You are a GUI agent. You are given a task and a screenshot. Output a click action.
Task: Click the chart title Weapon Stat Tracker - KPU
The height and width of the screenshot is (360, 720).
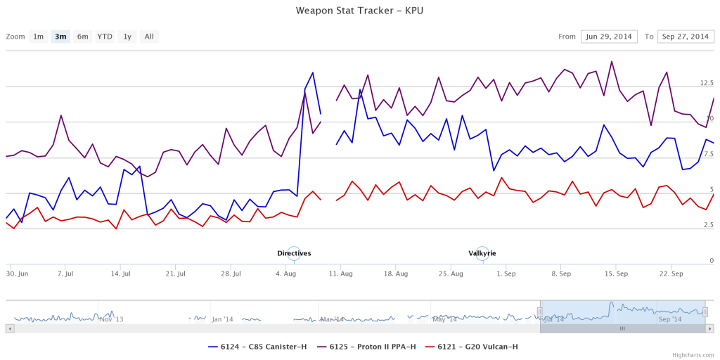[359, 11]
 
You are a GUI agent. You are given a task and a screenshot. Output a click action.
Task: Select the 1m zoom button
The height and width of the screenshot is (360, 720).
[38, 37]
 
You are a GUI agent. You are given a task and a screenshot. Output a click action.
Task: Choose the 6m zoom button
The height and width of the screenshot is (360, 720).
[83, 37]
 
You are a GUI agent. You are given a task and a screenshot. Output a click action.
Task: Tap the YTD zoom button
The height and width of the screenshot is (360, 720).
[105, 37]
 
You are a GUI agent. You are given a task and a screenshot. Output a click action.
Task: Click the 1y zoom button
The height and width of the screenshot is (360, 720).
[127, 37]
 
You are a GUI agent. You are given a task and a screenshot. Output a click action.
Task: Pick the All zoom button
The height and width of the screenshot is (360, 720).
[149, 37]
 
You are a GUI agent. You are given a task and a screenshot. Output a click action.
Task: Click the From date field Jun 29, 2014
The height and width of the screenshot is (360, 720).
[609, 37]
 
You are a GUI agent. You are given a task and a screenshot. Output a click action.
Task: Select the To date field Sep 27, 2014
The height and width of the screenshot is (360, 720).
[686, 37]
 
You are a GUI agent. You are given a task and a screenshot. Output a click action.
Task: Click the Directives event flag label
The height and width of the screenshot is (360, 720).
[294, 253]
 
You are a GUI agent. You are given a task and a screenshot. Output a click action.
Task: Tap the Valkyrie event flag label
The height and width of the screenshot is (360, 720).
[482, 253]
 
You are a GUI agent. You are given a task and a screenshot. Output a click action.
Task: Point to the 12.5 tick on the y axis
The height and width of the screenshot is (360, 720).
[707, 83]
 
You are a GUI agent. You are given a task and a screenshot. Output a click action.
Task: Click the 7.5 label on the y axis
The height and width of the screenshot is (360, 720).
[708, 154]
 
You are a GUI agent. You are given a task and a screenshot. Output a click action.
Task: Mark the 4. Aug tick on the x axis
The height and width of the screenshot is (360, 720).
[286, 273]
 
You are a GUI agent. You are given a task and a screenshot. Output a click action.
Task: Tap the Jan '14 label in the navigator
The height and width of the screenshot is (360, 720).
[222, 319]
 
